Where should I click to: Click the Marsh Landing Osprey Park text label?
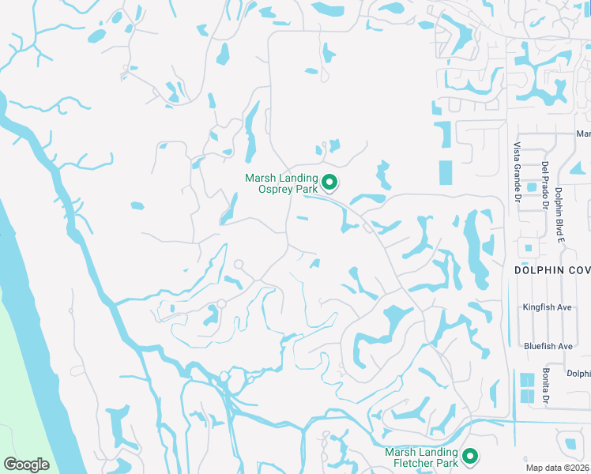(x=281, y=183)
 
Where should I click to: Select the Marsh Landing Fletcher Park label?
(x=421, y=457)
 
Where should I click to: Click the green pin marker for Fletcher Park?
(x=471, y=456)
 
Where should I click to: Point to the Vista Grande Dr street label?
(x=517, y=171)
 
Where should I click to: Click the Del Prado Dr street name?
(x=545, y=186)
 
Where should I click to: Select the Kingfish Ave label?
(x=547, y=307)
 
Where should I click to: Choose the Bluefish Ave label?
(x=548, y=346)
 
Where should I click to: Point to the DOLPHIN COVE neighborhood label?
(x=552, y=270)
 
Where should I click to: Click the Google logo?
(x=27, y=464)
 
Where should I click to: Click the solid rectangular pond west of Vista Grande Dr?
(x=446, y=172)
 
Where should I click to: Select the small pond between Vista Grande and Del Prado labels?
(x=531, y=188)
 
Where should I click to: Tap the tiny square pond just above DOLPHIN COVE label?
(x=528, y=248)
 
